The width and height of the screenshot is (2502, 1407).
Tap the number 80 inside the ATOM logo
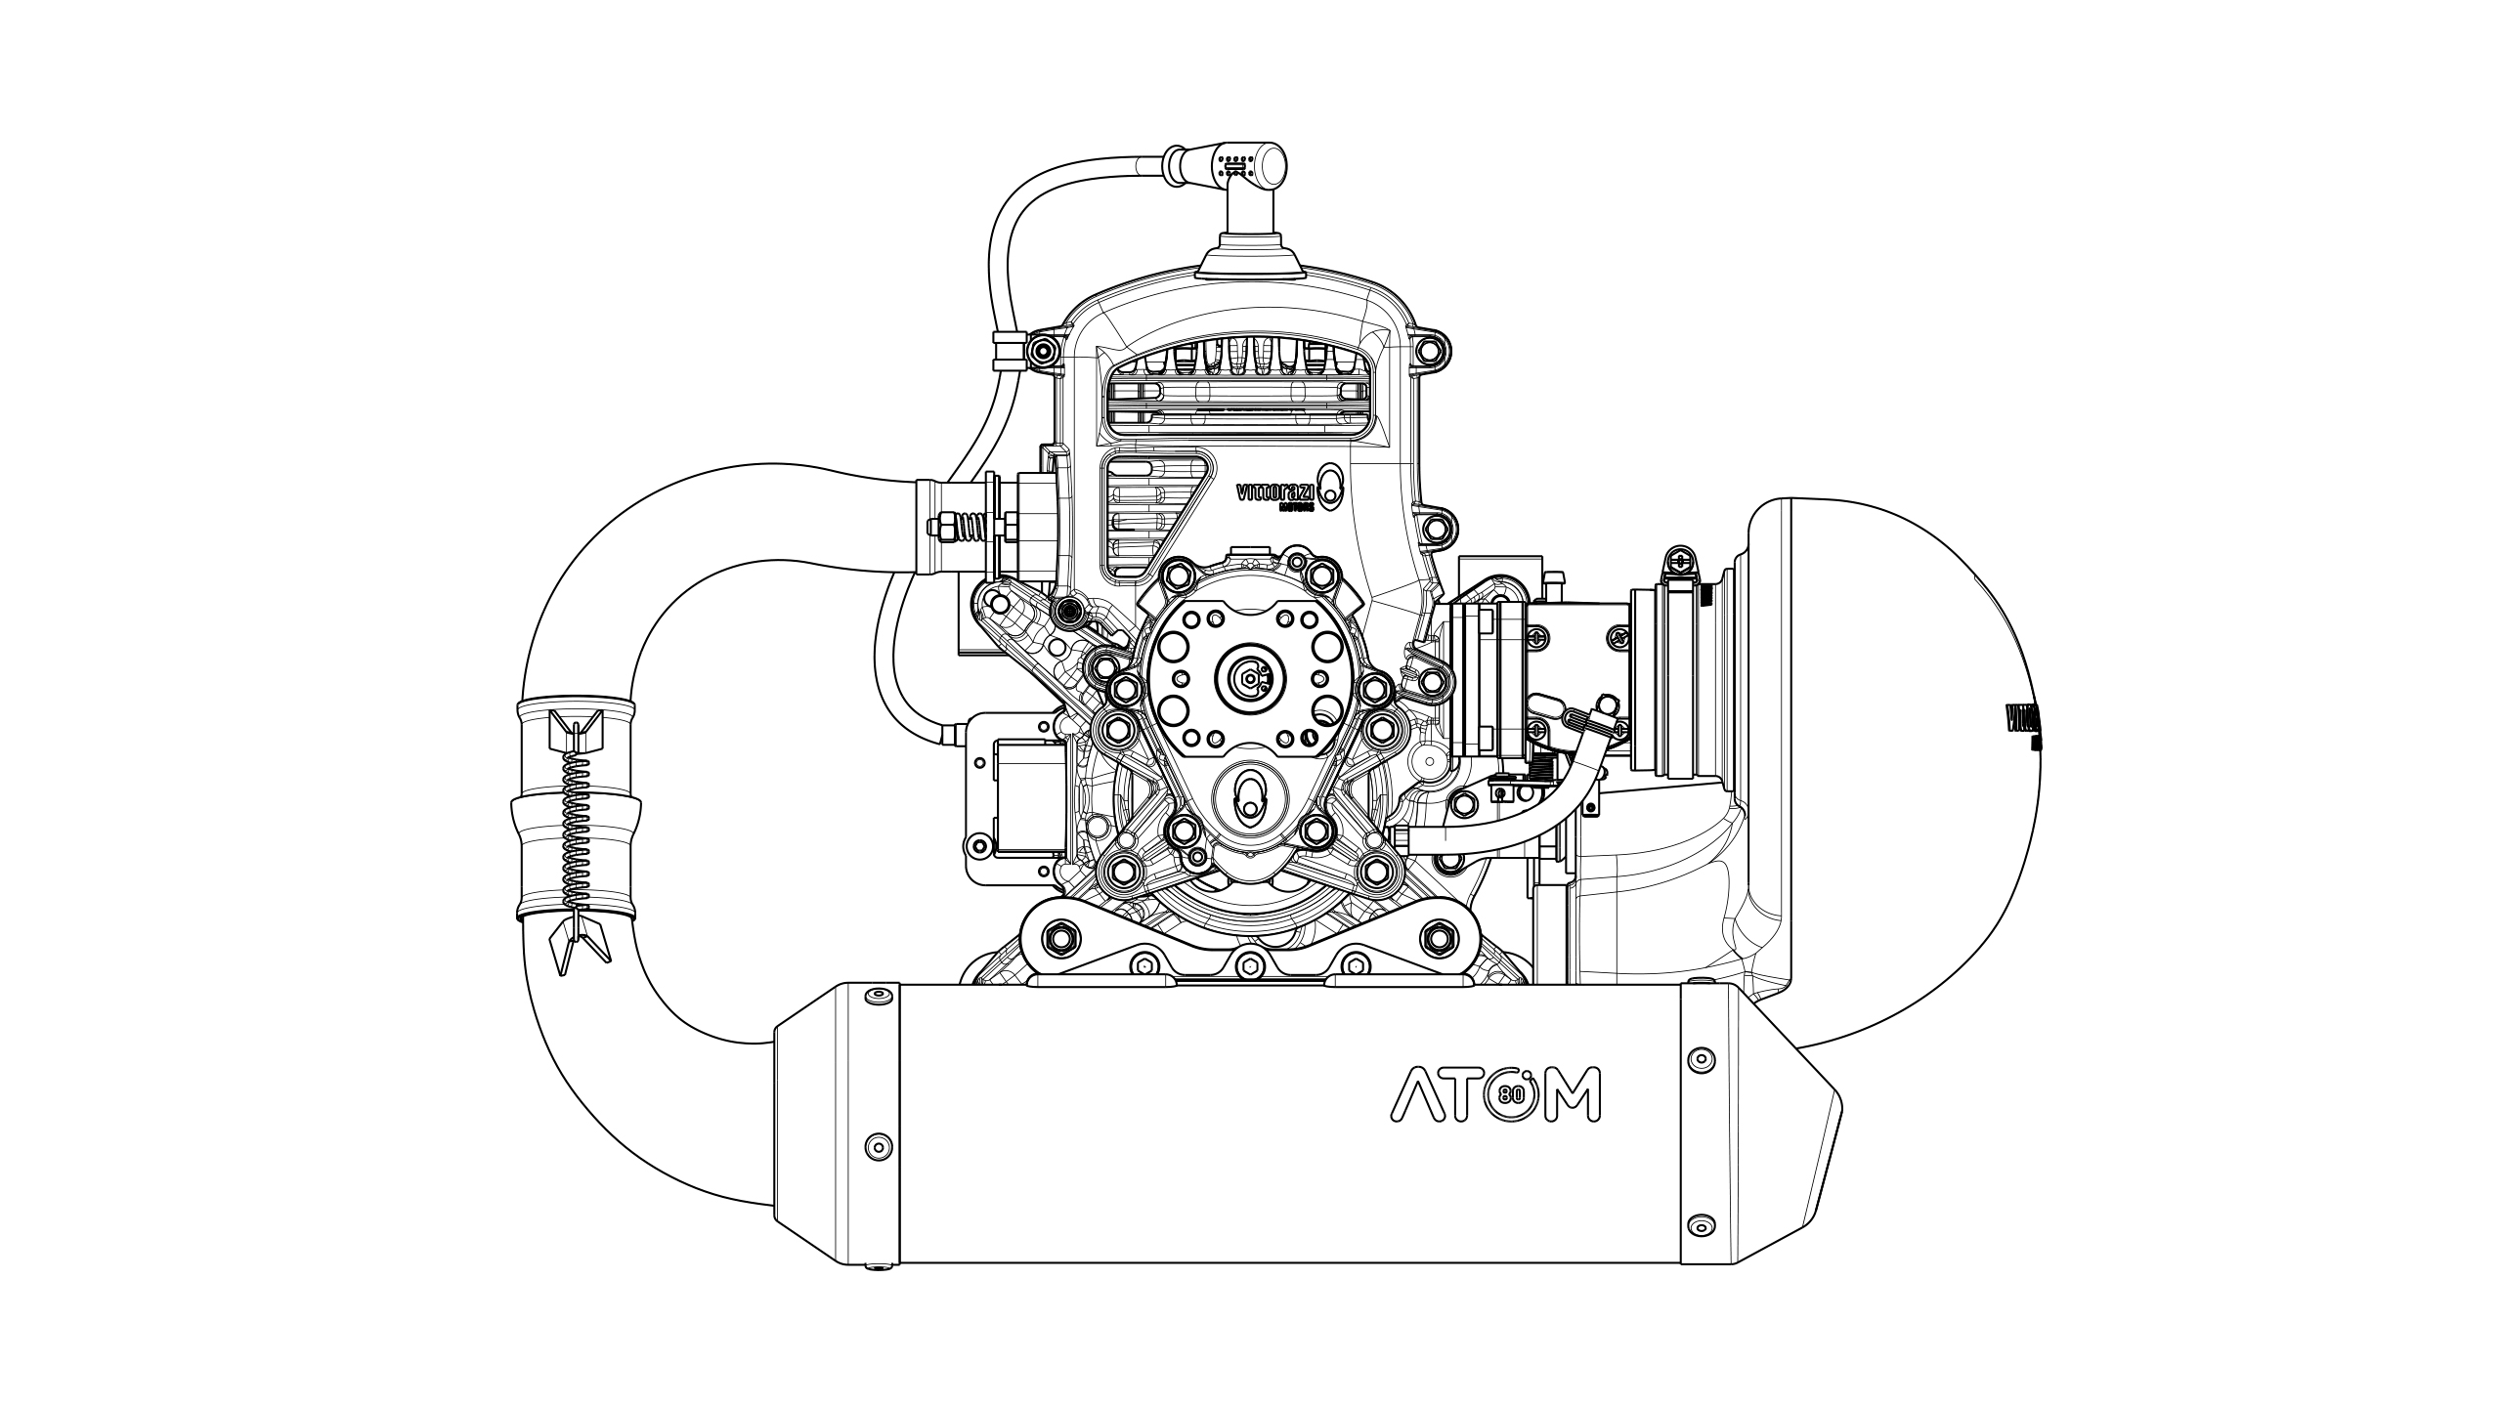coord(1508,1094)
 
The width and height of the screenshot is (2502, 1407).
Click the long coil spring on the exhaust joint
coord(578,831)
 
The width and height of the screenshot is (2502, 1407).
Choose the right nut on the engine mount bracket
coord(1436,939)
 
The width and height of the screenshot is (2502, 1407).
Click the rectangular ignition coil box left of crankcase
coord(1026,796)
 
